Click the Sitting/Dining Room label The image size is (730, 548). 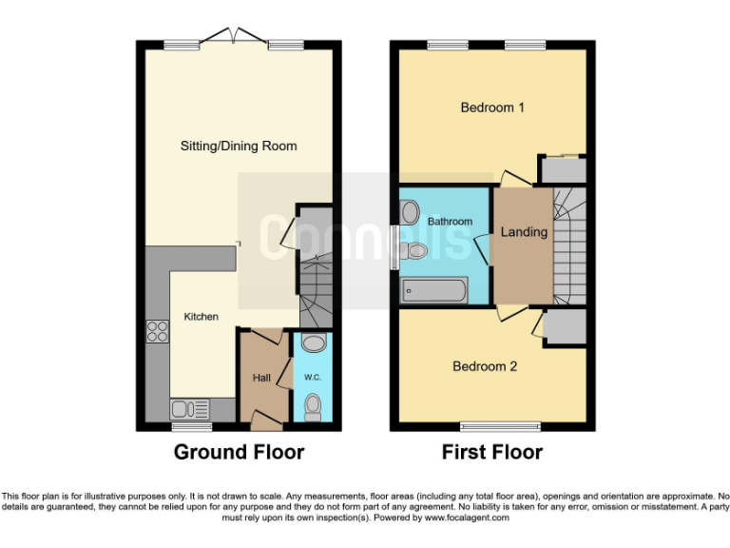click(239, 146)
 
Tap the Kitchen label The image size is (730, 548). click(201, 317)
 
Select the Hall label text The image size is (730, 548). click(261, 378)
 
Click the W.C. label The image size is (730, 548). click(313, 378)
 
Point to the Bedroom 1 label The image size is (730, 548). click(492, 108)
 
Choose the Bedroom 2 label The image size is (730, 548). click(485, 365)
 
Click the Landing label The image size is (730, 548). click(524, 232)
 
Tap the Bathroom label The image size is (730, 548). click(450, 222)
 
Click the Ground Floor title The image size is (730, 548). click(239, 452)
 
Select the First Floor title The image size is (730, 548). click(492, 452)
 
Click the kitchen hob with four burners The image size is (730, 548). click(157, 332)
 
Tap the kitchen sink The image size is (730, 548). click(190, 409)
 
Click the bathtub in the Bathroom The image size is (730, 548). click(433, 290)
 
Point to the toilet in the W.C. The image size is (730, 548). click(313, 407)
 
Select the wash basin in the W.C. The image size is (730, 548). click(313, 342)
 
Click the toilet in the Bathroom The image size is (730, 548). click(413, 251)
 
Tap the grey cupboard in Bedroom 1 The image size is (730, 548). click(563, 170)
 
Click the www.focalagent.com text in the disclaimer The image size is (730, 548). click(467, 518)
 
